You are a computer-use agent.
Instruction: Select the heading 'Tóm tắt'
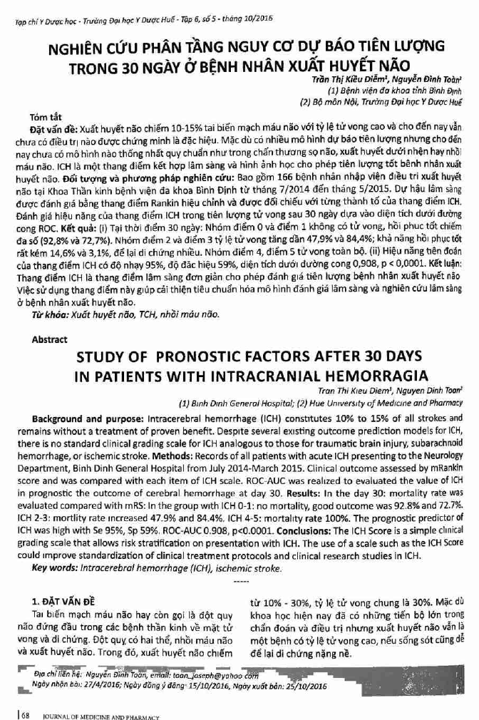click(x=45, y=115)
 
